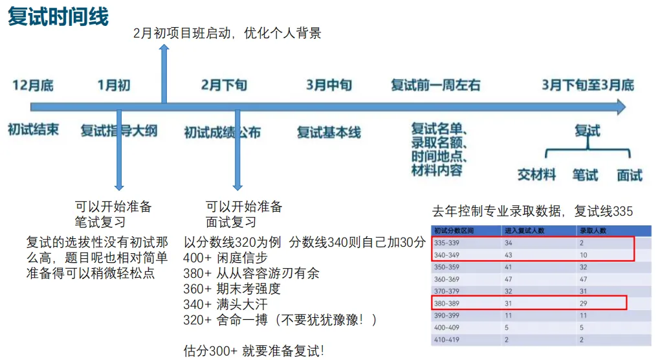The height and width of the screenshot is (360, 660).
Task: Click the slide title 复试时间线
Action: [58, 17]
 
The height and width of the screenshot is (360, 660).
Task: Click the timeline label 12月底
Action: [33, 85]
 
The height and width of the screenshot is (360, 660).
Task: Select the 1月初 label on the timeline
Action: [114, 85]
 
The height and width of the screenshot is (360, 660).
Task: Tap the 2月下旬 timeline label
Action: [224, 85]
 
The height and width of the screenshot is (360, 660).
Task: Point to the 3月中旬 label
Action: [329, 85]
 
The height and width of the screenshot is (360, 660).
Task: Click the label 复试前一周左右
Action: [436, 85]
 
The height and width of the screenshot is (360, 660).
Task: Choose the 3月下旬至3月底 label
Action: [588, 85]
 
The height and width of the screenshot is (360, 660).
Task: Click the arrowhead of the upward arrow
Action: [164, 49]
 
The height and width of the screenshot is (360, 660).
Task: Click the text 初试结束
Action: [33, 129]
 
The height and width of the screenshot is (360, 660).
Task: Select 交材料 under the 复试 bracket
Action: [537, 174]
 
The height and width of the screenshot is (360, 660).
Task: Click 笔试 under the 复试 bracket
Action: [586, 174]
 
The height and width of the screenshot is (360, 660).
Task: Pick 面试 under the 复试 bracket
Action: [630, 174]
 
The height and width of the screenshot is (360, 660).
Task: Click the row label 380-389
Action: [447, 302]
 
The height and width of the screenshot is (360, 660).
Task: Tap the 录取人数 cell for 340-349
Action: [584, 254]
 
